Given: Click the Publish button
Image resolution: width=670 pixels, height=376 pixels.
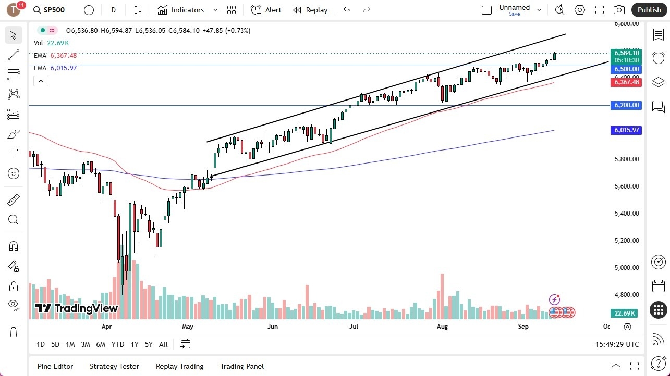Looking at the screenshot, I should pos(649,10).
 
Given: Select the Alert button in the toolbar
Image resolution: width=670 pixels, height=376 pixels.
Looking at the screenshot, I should pos(266,10).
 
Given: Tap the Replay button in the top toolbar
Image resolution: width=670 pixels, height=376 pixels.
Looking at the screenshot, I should pos(310,10).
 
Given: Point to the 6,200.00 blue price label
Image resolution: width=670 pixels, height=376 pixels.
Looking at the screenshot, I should pos(626,105).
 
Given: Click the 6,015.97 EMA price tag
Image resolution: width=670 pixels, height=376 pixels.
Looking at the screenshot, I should pos(626,130).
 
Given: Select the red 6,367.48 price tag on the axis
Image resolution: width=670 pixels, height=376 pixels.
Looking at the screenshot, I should pos(626,82).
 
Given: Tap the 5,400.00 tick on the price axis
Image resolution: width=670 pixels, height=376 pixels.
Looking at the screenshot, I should pos(626,213).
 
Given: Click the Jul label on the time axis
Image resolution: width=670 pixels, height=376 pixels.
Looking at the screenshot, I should pos(354,327).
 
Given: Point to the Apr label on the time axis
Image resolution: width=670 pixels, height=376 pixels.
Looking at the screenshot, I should pos(107,327).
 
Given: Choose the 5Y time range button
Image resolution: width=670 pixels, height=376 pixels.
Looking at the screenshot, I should pos(149,344).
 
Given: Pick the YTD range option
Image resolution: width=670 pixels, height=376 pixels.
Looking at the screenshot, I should pos(118,344).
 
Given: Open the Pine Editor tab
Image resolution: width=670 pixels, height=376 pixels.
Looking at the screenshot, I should pos(55,366).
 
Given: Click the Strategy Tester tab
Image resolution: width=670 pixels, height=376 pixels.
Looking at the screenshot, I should pos(114,366).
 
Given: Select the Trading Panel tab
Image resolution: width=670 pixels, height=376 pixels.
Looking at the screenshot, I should pos(242,366).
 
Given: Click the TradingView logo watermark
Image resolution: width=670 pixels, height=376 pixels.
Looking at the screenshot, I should pos(77,308).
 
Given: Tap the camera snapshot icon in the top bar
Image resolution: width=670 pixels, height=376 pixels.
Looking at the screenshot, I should pos(619,10).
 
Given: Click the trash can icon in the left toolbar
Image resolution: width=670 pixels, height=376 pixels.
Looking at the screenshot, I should pos(14,332).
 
